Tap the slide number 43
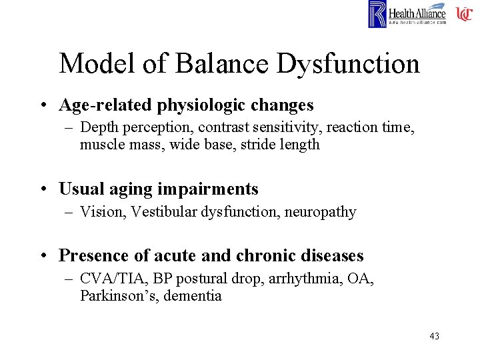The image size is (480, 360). [x=434, y=336]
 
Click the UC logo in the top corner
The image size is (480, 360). [x=464, y=14]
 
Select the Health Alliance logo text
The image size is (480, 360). [x=417, y=13]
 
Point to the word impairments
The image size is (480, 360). [x=207, y=189]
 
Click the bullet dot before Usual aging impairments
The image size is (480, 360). [x=42, y=190]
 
